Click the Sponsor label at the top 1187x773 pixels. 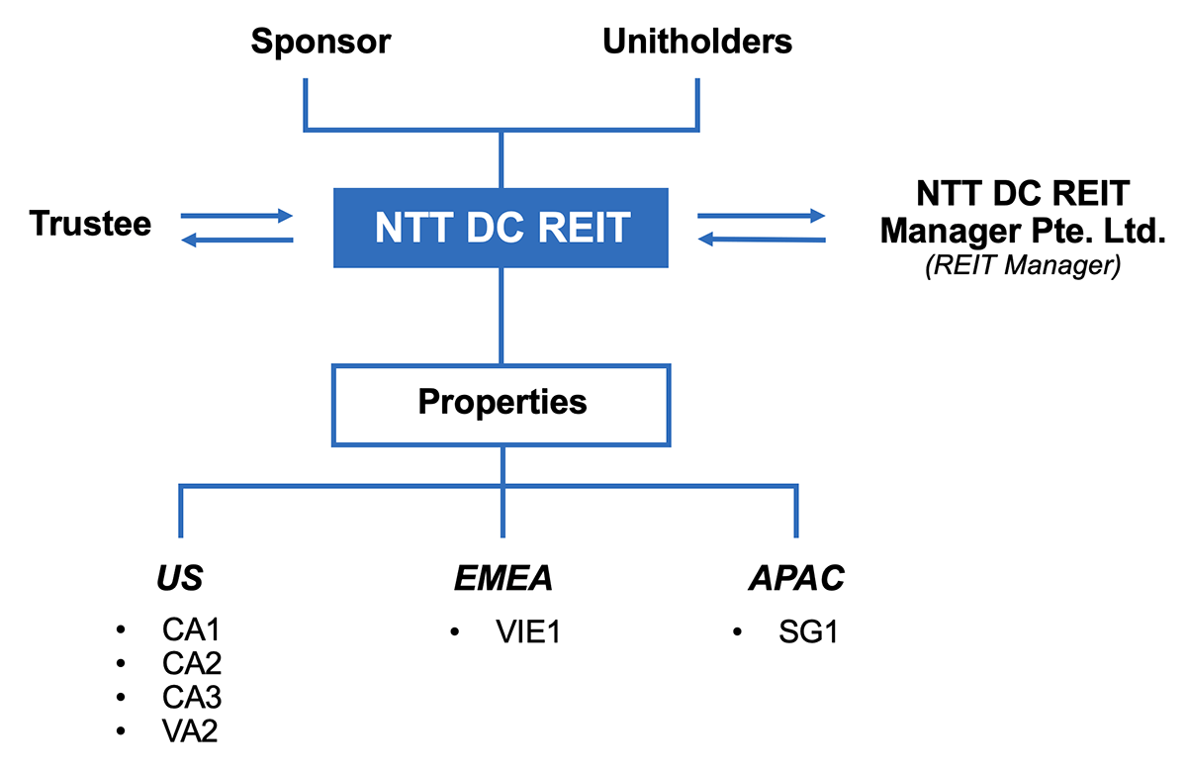320,42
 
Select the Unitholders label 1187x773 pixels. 697,42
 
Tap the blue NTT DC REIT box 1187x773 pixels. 502,228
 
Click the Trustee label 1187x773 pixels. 91,224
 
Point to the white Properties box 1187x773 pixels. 502,403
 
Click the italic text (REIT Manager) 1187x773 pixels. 1023,267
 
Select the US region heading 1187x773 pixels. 179,578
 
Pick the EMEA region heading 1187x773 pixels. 502,578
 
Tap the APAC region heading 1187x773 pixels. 796,578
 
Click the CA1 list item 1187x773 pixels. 192,630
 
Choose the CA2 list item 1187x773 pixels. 192,664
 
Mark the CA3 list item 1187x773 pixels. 192,698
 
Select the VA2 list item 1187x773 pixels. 192,731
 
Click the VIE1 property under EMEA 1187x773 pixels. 528,631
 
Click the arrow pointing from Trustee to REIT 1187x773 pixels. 237,215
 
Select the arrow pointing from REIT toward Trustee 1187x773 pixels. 237,241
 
